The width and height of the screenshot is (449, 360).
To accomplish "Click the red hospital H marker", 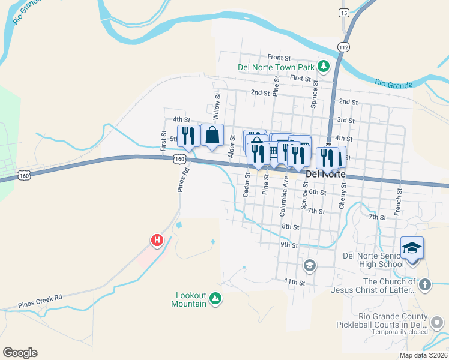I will point(157,240).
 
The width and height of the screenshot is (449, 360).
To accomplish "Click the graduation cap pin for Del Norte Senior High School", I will point(412,248).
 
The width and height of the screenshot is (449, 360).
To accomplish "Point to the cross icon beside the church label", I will point(424,285).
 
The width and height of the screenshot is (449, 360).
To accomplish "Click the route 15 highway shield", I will point(344,13).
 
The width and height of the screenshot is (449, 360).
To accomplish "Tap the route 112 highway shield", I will point(343,47).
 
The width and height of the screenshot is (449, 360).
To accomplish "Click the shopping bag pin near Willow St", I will point(212,135).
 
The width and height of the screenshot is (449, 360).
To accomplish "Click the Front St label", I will point(279,58).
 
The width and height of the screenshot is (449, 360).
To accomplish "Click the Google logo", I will point(20,353).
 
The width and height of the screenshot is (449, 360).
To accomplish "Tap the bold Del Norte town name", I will point(325,174).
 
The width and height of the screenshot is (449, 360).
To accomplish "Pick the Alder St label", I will point(232,147).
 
